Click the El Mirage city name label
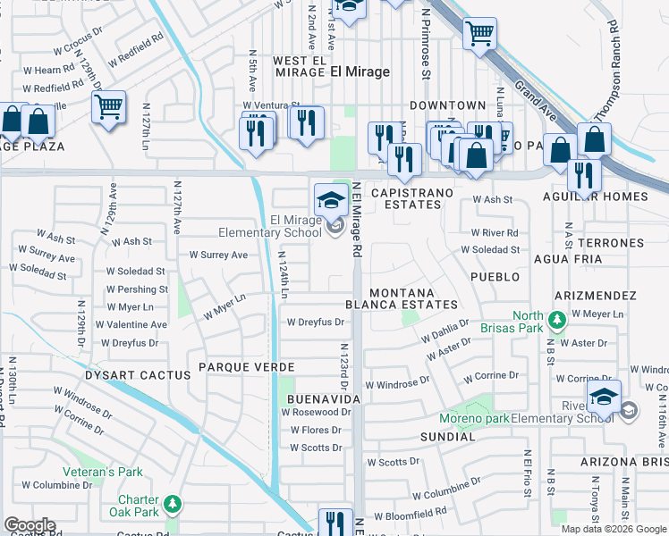tap(360, 71)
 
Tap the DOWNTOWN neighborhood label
tap(447, 105)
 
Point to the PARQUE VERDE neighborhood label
tap(247, 367)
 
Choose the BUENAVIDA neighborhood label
tap(323, 398)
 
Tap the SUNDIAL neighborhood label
tap(448, 437)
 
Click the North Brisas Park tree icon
tap(557, 319)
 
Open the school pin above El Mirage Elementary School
tap(331, 200)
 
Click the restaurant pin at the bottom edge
tap(335, 523)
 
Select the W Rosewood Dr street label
tap(316, 413)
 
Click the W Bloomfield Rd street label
tap(411, 515)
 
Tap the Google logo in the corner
tap(30, 525)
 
